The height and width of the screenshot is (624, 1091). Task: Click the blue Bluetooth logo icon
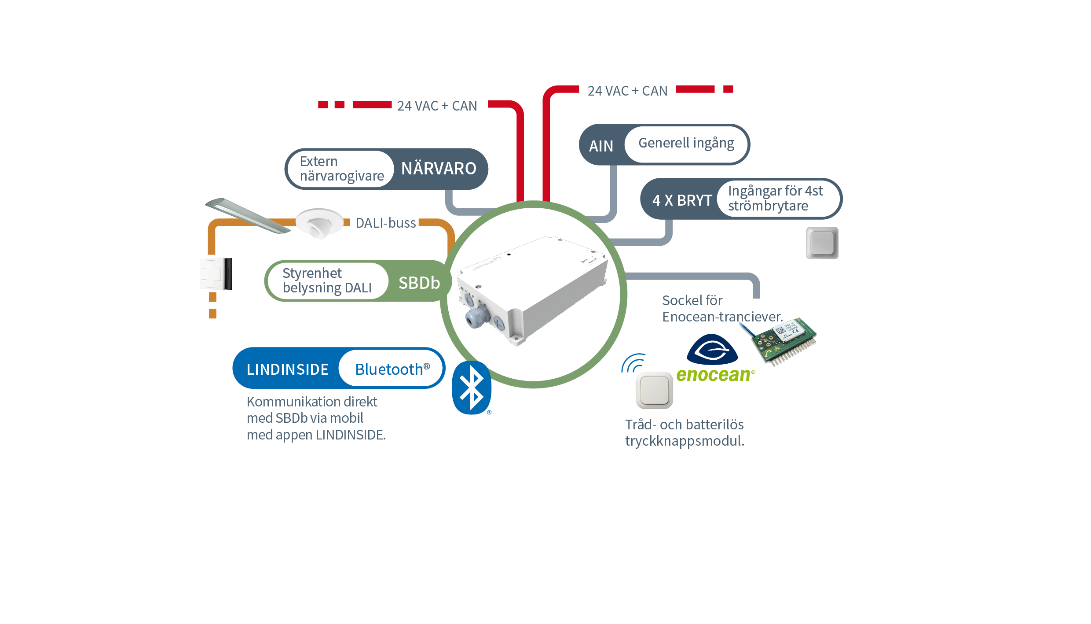(471, 388)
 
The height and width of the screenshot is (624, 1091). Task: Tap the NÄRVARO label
(439, 169)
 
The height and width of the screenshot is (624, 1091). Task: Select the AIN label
(601, 146)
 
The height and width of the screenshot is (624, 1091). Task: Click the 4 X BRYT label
(682, 200)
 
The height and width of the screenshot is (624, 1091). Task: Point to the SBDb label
(419, 283)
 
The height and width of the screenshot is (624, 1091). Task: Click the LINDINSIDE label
(288, 369)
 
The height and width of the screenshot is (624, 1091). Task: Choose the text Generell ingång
(686, 143)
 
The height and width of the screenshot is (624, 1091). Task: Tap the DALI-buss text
(385, 223)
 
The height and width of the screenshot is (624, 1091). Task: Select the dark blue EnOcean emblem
(712, 349)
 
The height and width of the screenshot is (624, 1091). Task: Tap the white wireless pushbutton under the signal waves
(654, 390)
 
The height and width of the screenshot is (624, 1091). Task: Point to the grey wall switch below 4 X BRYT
(822, 243)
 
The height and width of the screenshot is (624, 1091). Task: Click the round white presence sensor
(319, 223)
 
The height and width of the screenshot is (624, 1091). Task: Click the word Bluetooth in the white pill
(389, 369)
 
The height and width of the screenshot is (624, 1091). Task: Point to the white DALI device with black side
(216, 274)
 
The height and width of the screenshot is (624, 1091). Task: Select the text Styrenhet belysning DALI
(327, 280)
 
